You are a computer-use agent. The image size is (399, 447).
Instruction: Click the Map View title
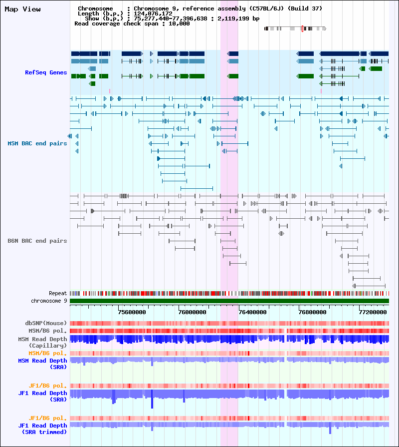click(x=23, y=9)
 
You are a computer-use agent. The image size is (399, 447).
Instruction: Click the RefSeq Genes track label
click(x=46, y=72)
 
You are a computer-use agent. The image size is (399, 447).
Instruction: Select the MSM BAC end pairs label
click(x=37, y=143)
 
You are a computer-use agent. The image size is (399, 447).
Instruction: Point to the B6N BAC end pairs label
click(x=37, y=241)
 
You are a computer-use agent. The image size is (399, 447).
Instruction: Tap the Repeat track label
click(x=58, y=293)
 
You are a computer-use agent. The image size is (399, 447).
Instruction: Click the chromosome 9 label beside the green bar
click(x=49, y=301)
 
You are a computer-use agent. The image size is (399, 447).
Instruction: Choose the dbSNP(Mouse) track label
click(x=46, y=323)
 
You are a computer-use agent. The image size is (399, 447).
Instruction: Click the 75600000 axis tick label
click(x=132, y=312)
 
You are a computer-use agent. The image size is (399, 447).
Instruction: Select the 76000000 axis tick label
click(x=193, y=312)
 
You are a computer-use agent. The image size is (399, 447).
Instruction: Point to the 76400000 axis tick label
click(x=253, y=312)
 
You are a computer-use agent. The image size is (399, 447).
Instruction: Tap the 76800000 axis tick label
click(x=313, y=312)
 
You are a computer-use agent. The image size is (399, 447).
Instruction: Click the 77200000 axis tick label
click(x=373, y=312)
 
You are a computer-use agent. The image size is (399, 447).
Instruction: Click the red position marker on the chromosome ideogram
click(x=302, y=28)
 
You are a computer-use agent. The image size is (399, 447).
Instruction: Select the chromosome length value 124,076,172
click(x=153, y=13)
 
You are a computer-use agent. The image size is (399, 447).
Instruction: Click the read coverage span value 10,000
click(x=179, y=23)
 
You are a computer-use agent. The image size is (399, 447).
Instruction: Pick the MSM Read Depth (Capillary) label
click(x=43, y=343)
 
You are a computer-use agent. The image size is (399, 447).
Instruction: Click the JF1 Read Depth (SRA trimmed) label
click(x=43, y=429)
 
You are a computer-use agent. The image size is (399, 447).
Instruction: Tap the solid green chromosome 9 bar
click(x=229, y=301)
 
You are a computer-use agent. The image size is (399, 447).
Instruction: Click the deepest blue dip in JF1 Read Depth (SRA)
click(x=152, y=404)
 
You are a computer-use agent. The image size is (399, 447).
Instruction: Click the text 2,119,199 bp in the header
click(x=238, y=18)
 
